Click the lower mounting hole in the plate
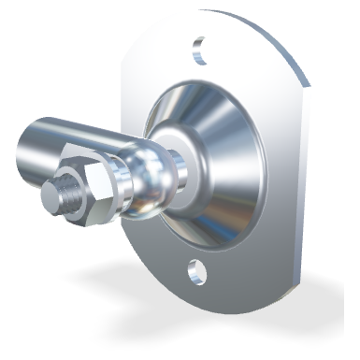[195, 271]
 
